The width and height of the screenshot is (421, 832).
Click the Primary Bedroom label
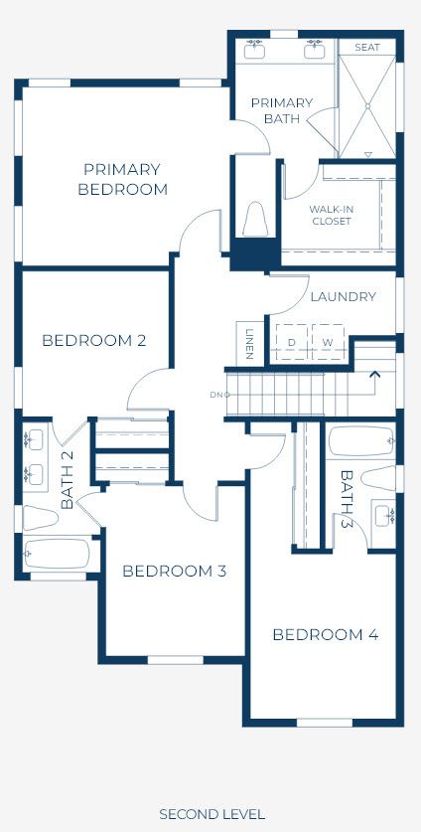pos(122,179)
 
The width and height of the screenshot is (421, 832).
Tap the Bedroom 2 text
pos(94,341)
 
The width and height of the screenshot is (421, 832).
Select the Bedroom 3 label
pos(175,572)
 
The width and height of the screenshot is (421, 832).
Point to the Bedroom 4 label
pos(326,634)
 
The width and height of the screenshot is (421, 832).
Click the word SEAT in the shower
pos(367,48)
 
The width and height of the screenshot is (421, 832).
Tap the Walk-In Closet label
pos(332,215)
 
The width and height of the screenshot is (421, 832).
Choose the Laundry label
pos(344,296)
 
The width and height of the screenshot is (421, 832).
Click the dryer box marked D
pos(291,342)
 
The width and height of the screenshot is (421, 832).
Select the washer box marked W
pos(328,342)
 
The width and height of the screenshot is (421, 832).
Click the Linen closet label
pos(250,343)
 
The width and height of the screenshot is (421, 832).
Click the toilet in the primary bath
pos(255,219)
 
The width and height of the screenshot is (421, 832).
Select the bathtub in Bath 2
pos(57,554)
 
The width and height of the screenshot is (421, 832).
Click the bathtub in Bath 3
pos(361,441)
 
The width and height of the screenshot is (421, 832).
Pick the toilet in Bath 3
pos(378,478)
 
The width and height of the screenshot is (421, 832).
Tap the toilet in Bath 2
pos(41,517)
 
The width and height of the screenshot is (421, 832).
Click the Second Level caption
pos(212,814)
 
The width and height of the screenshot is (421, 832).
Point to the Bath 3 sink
pos(383,516)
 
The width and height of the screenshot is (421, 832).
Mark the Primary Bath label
pos(282,110)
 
